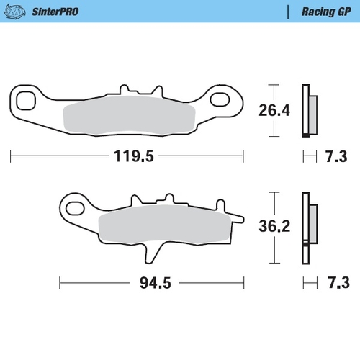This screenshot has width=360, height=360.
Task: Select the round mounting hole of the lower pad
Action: [x=73, y=208]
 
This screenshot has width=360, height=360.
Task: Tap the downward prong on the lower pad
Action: [x=151, y=253]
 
